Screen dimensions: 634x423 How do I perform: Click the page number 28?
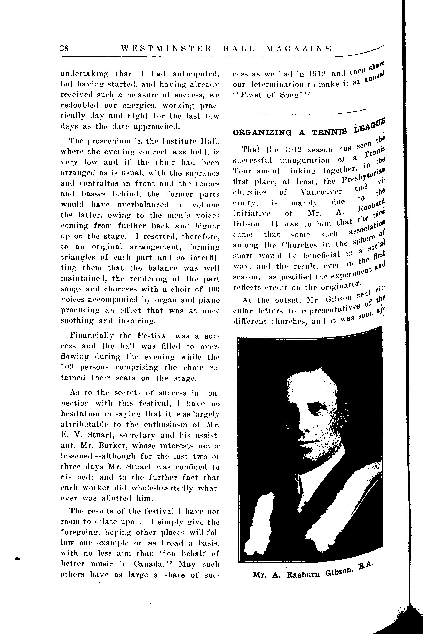(65, 48)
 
